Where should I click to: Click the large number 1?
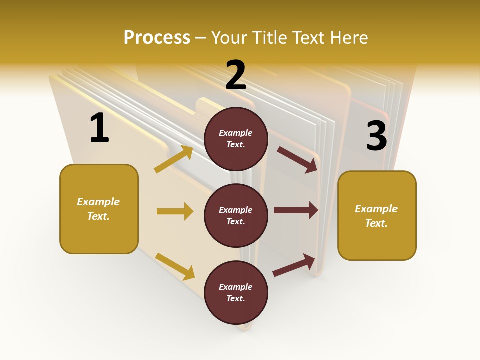[x=99, y=128]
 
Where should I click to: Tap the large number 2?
[x=236, y=75]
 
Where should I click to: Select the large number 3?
[x=376, y=136]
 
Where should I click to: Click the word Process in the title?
[x=157, y=37]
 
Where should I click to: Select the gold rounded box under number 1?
[x=99, y=209]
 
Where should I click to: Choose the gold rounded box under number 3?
[x=377, y=215]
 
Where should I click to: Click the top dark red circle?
[x=236, y=139]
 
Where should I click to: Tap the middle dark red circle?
[x=236, y=216]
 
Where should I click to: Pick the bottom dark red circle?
[x=236, y=292]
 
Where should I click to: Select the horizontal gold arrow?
[x=175, y=211]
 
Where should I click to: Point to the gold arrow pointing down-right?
[x=175, y=266]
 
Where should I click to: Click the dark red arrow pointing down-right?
[x=298, y=160]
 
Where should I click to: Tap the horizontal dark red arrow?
[x=296, y=210]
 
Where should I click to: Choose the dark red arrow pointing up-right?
[x=294, y=265]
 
